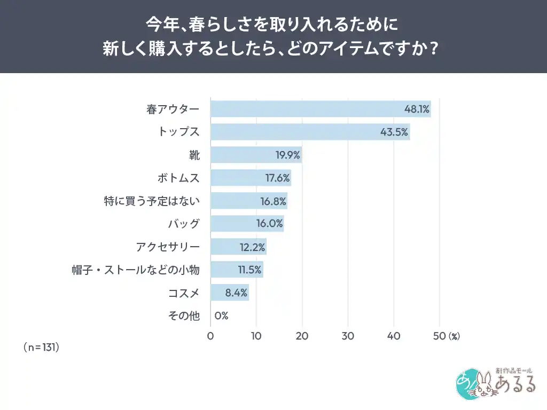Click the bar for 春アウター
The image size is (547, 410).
click(321, 109)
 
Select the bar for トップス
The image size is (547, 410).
click(310, 132)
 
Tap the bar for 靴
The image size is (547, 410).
click(256, 155)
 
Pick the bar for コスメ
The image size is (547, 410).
click(230, 293)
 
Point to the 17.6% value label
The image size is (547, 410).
click(277, 178)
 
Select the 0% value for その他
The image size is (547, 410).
click(221, 316)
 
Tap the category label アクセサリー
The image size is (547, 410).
click(168, 247)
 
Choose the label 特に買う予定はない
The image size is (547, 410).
click(152, 201)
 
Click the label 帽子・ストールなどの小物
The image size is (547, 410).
click(136, 270)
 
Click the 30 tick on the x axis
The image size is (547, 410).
click(348, 336)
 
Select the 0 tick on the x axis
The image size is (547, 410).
click(210, 336)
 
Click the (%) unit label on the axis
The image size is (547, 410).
click(454, 336)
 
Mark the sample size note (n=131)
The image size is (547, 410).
click(41, 347)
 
